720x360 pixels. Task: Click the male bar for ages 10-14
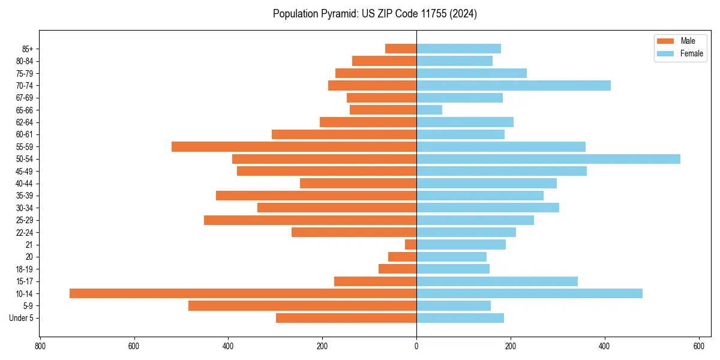pyautogui.click(x=243, y=293)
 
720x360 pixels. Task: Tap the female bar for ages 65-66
pyautogui.click(x=429, y=110)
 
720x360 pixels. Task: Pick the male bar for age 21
pyautogui.click(x=411, y=245)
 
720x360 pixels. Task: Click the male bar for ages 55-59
pyautogui.click(x=294, y=146)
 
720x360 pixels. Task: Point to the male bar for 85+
pyautogui.click(x=401, y=49)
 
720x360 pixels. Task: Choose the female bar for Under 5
pyautogui.click(x=460, y=318)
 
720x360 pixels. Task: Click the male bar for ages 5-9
pyautogui.click(x=302, y=306)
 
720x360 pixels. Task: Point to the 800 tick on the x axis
pyautogui.click(x=40, y=346)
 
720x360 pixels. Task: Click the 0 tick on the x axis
pyautogui.click(x=416, y=346)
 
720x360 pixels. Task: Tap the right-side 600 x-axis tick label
pyautogui.click(x=698, y=346)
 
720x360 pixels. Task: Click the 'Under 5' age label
pyautogui.click(x=21, y=318)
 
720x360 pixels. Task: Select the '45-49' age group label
pyautogui.click(x=25, y=171)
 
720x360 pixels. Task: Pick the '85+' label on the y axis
pyautogui.click(x=26, y=49)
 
